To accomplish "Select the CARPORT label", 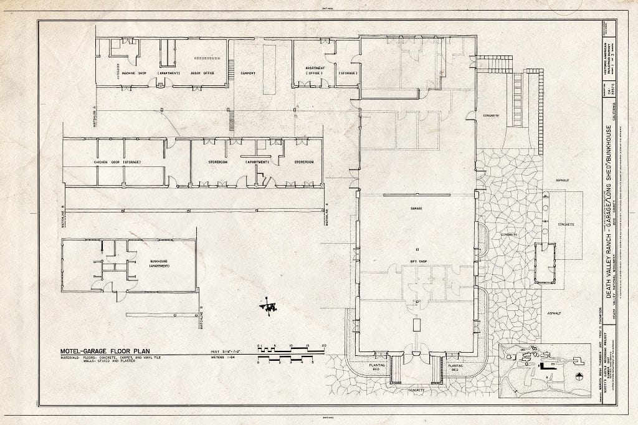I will click(x=248, y=73).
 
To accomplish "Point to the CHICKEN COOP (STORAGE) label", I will click(x=117, y=163).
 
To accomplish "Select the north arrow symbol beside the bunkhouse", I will click(x=270, y=305).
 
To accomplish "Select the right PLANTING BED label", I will click(x=451, y=365).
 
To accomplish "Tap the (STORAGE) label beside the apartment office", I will click(x=348, y=73).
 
